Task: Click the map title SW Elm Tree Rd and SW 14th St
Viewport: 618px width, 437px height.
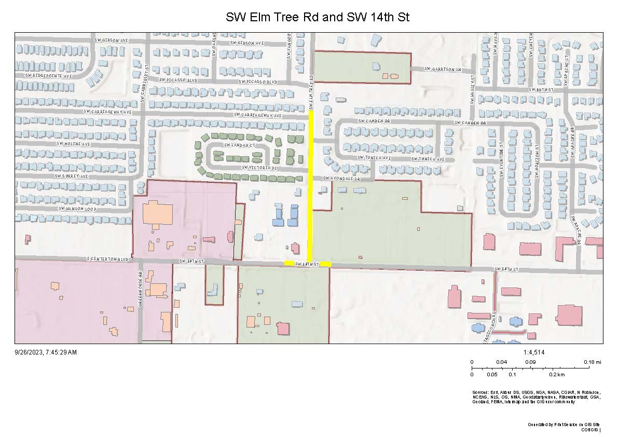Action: coord(318,17)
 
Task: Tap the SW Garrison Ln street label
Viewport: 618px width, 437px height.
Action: coord(442,69)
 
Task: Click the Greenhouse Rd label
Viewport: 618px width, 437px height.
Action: coord(140,289)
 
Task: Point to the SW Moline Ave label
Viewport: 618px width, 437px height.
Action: coord(73,144)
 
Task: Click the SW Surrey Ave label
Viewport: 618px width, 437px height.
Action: coord(72,176)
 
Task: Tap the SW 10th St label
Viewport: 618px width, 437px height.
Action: coord(542,89)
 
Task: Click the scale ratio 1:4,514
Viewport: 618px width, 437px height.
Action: coord(534,352)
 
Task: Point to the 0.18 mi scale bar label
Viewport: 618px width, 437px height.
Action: coord(592,362)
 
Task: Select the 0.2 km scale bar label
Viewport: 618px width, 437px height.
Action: coord(557,374)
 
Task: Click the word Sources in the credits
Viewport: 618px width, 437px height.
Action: coord(481,392)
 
